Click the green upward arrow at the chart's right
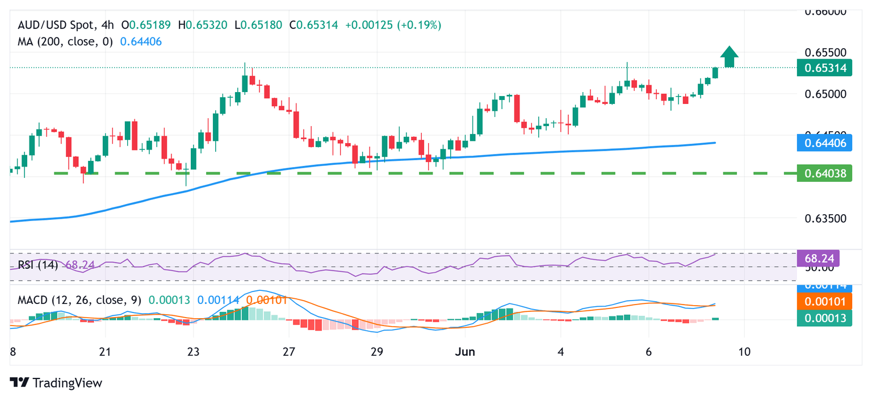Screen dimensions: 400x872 [729, 57]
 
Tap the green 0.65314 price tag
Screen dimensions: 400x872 [824, 69]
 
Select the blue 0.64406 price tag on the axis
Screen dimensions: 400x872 [824, 143]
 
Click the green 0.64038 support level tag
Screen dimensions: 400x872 [824, 173]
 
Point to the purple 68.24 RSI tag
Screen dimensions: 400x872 [818, 259]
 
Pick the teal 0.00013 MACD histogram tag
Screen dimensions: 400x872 [824, 318]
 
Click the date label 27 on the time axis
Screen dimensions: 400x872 [289, 352]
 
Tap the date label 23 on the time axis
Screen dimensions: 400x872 [194, 352]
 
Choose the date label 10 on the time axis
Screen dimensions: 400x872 [744, 352]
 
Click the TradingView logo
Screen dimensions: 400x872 [56, 383]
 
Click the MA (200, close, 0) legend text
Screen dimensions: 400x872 [65, 41]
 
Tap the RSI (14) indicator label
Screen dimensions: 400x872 [38, 265]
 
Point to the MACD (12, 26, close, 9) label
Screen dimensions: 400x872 [79, 299]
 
